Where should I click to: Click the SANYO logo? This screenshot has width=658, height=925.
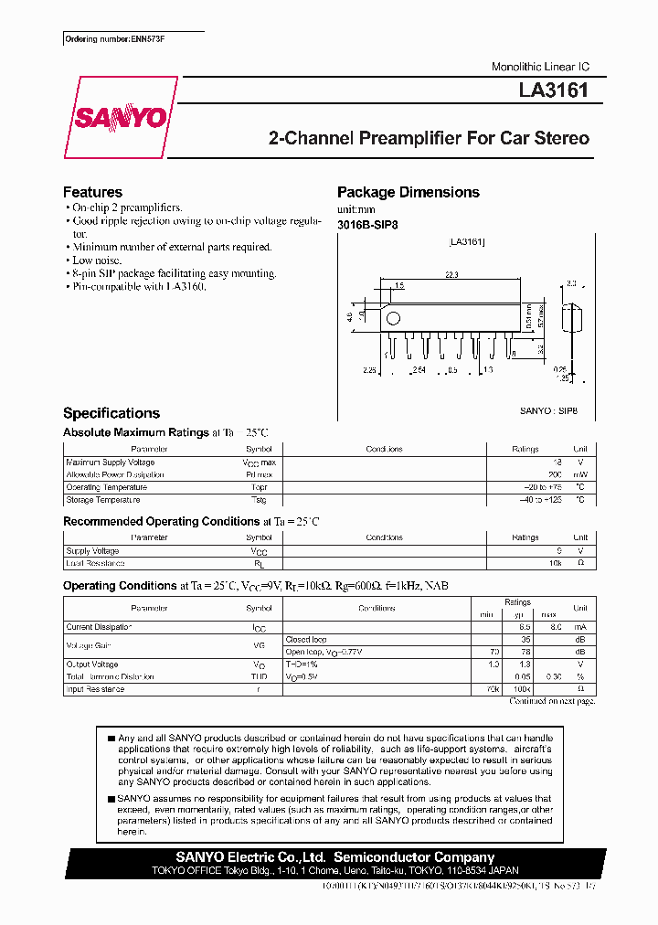tap(120, 118)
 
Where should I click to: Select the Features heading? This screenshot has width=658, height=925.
tap(92, 192)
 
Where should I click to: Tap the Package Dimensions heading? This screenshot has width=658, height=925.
tap(408, 192)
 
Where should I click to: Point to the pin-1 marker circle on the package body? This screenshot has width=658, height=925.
tap(393, 319)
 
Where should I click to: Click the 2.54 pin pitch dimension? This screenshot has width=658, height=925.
tap(419, 370)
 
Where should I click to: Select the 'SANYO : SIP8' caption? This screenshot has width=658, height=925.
tap(548, 412)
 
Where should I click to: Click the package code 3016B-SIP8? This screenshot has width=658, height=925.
tap(367, 224)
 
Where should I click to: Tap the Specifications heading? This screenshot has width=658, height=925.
tap(111, 413)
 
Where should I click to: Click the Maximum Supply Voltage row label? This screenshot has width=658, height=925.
tap(111, 462)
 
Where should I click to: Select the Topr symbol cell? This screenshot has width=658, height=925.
tap(259, 487)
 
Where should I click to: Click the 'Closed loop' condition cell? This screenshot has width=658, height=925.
tap(306, 640)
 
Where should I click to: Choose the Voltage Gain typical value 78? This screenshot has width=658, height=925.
tap(525, 652)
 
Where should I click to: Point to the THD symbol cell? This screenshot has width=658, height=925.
tap(259, 677)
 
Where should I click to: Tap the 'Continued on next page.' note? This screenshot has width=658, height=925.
tap(551, 701)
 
